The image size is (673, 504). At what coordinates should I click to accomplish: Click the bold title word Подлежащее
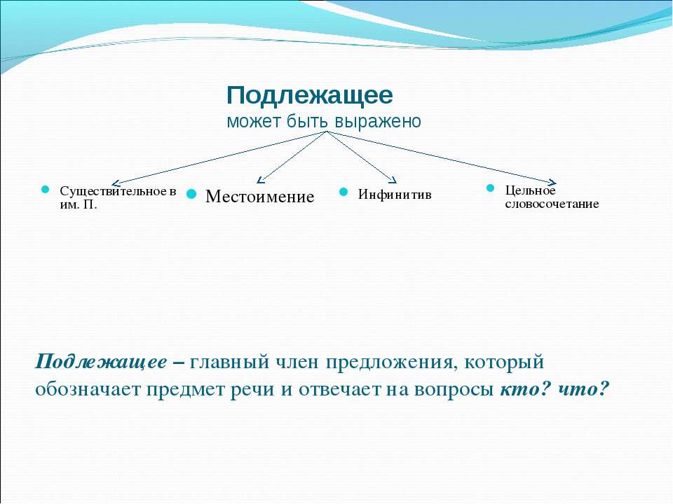pos(309,96)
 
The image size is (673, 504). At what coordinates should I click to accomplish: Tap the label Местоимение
pos(259,196)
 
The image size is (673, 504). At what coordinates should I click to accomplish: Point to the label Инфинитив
pos(395,194)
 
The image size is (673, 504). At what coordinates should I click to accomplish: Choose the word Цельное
pos(530,190)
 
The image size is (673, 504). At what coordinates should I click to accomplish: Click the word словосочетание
pos(552,204)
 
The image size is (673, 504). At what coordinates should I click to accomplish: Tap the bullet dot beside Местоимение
pos(191,194)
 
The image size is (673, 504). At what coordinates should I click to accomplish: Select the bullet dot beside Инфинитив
pos(344,192)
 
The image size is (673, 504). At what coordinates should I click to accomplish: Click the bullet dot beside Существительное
pos(45,190)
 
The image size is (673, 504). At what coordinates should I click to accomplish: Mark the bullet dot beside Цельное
pos(491,188)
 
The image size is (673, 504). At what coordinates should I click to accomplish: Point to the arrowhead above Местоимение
pos(259,181)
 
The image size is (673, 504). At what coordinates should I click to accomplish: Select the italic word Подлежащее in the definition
pos(101,362)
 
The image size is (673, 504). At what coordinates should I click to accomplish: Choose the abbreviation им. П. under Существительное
pos(79,204)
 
